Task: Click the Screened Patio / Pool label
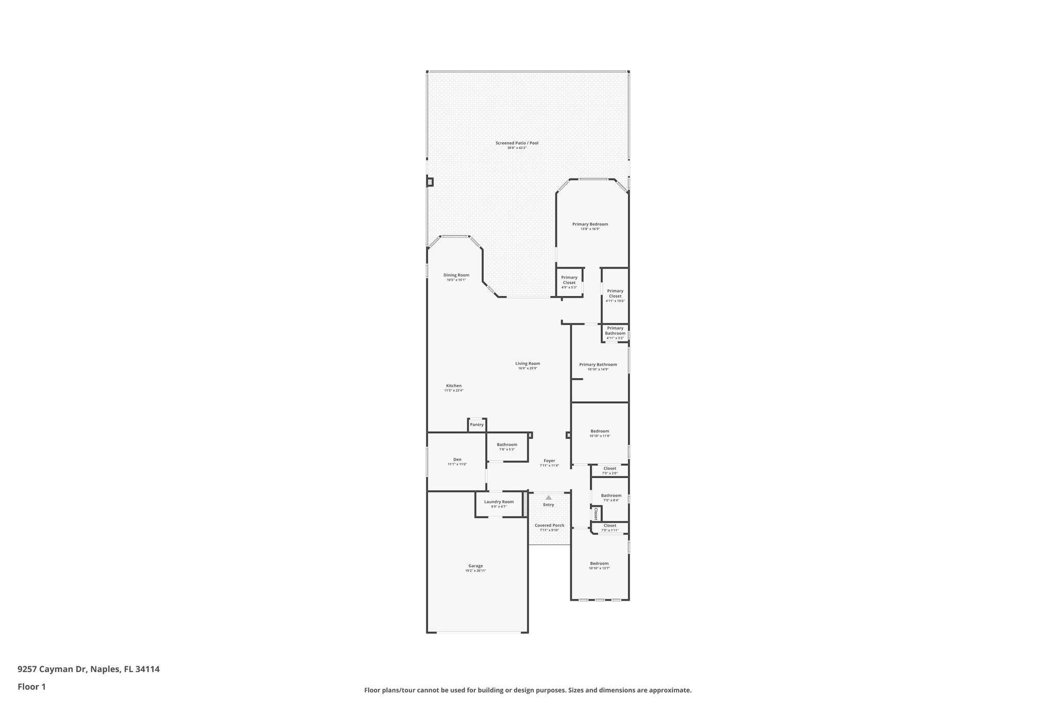(x=517, y=143)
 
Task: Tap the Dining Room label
(x=456, y=275)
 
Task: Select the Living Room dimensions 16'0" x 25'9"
(x=527, y=368)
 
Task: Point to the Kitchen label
(x=454, y=386)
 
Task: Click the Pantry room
(x=477, y=424)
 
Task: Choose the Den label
(x=457, y=460)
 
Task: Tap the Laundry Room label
(x=499, y=502)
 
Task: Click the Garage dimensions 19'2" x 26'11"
(x=475, y=570)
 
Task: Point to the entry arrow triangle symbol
(x=549, y=497)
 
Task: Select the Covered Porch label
(x=549, y=526)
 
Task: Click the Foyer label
(x=549, y=461)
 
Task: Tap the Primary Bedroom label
(x=590, y=224)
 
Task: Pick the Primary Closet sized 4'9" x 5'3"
(x=569, y=282)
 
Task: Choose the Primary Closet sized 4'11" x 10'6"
(x=615, y=295)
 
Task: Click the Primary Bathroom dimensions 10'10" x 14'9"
(x=598, y=369)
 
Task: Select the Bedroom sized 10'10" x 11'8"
(x=600, y=433)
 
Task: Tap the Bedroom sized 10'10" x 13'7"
(x=599, y=566)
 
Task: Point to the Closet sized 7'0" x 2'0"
(x=609, y=470)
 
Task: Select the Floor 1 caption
(x=32, y=686)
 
